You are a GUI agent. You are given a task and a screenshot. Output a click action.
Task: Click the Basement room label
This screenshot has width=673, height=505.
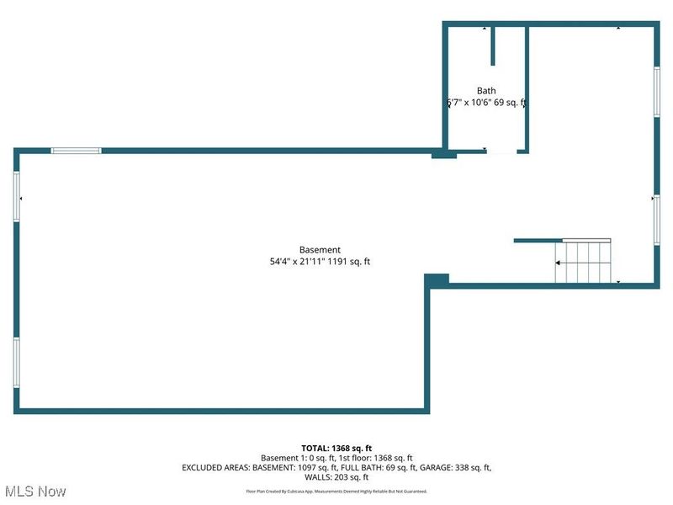click(x=320, y=249)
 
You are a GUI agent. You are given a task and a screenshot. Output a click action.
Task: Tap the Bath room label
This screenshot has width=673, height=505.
click(x=486, y=91)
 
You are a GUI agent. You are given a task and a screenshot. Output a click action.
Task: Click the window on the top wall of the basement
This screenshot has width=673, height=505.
click(x=76, y=151)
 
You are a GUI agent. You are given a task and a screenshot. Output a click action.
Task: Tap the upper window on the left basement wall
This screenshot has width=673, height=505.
click(x=16, y=197)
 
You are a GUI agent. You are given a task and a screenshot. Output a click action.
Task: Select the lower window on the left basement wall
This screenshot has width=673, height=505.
click(x=16, y=362)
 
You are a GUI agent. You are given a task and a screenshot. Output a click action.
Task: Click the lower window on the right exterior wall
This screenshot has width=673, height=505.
click(x=657, y=219)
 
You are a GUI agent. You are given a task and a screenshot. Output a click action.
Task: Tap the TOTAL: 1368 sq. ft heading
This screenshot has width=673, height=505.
click(x=336, y=448)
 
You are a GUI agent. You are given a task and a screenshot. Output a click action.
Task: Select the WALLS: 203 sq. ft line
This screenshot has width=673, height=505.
click(x=336, y=476)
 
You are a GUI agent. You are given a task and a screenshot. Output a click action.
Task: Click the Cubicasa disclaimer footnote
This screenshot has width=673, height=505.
click(x=336, y=491)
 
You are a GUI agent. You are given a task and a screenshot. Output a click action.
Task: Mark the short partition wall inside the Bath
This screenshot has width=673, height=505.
click(x=493, y=45)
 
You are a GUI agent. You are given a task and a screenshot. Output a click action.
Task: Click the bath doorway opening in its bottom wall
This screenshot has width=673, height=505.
click(x=501, y=151)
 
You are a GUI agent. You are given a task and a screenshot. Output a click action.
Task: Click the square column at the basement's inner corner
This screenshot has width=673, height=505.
click(x=437, y=279)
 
